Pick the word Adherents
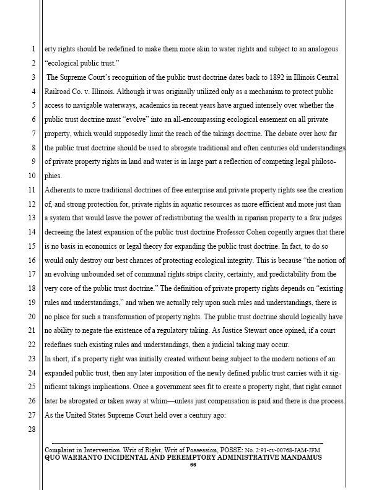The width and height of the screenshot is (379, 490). [x=63, y=191]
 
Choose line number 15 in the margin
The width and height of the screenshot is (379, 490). [x=33, y=233]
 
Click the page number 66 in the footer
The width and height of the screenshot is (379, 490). [x=193, y=465]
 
